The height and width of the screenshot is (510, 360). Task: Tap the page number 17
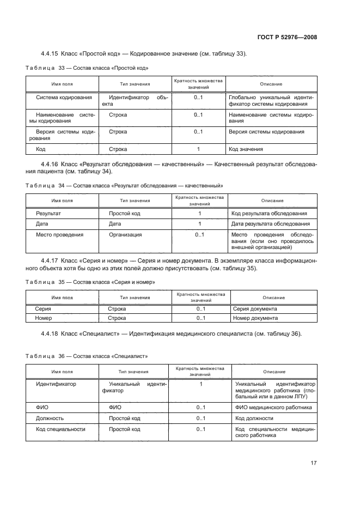[x=313, y=463]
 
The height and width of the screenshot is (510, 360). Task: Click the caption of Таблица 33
[x=88, y=68]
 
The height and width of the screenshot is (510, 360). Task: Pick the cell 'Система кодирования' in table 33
[x=63, y=98]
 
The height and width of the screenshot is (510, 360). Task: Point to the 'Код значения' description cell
[x=246, y=149]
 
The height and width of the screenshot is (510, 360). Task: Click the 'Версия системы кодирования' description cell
[x=266, y=132]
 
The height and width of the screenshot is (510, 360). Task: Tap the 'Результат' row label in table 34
[x=48, y=213]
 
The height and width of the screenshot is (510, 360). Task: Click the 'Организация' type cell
[x=125, y=235]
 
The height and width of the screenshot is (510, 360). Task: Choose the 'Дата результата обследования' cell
[x=271, y=224]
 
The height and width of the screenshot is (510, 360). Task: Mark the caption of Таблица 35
[x=90, y=282]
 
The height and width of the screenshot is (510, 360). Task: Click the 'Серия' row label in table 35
[x=43, y=309]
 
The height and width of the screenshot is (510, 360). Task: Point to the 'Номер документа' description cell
[x=255, y=318]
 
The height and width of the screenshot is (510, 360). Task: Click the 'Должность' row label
[x=50, y=418]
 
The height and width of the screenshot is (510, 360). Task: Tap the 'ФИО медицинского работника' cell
[x=273, y=407]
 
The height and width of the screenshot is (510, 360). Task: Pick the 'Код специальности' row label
[x=60, y=429]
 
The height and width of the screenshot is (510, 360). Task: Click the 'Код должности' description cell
[x=254, y=418]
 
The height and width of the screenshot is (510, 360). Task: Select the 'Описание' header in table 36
[x=274, y=372]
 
